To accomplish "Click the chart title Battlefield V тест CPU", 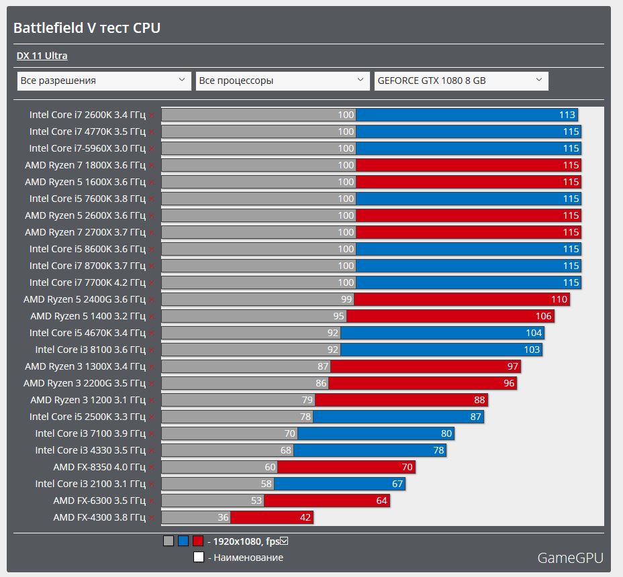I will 87,28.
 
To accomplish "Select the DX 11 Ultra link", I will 42,56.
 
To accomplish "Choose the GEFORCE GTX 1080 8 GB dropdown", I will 461,81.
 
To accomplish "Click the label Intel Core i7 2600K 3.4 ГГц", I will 87,115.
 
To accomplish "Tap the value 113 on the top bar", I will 567,115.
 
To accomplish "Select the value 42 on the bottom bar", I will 305,517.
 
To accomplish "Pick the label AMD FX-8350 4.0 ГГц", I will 99,467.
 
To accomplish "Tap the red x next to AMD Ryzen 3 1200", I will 152,401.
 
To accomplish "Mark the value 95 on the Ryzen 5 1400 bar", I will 338,316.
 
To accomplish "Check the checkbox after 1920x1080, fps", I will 284,541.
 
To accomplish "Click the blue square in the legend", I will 183,541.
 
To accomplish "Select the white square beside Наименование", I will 198,557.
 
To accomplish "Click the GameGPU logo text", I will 570,558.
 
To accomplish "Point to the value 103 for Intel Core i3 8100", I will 531,350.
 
